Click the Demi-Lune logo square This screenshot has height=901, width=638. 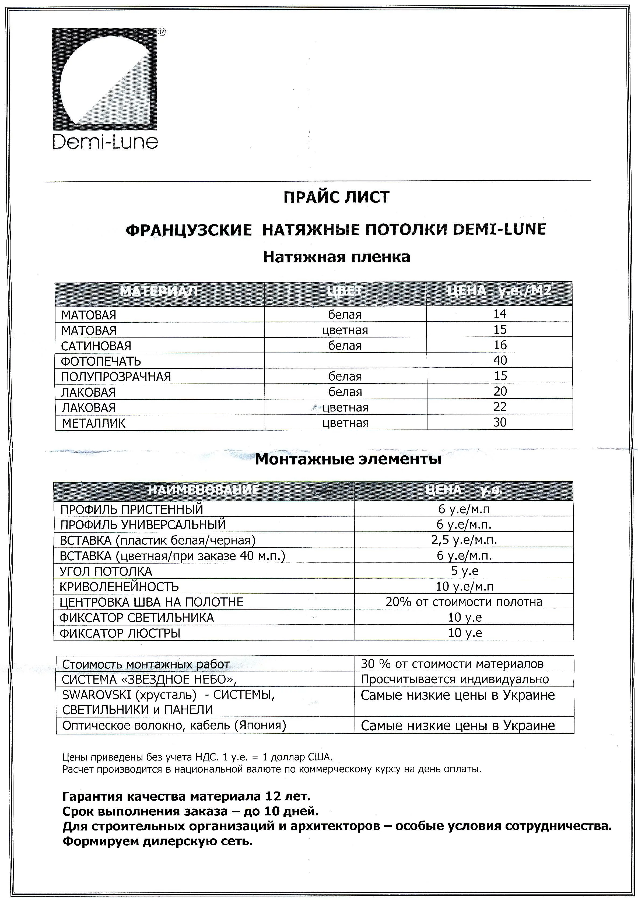click(105, 79)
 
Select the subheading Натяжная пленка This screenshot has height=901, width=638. click(336, 257)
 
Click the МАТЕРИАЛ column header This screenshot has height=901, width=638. click(159, 291)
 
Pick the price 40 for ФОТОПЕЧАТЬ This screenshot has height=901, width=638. click(500, 360)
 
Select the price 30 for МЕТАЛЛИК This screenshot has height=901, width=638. click(500, 422)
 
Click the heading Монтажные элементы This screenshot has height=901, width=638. click(348, 459)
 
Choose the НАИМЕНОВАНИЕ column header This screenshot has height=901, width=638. click(204, 490)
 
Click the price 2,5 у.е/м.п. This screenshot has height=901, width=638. click(464, 540)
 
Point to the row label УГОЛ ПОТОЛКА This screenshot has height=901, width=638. click(106, 571)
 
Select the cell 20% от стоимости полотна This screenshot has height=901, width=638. click(464, 602)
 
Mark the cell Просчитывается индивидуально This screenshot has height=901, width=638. click(454, 679)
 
